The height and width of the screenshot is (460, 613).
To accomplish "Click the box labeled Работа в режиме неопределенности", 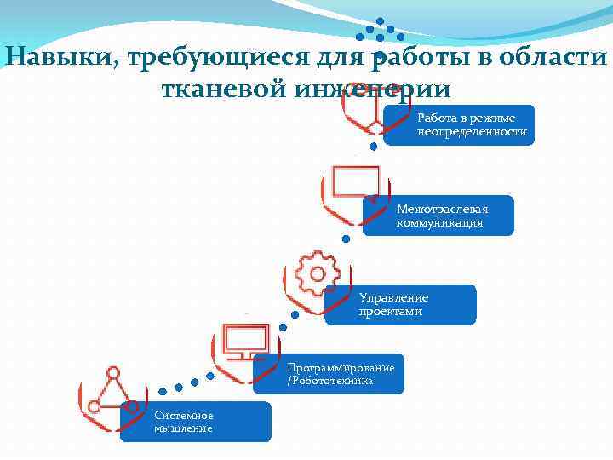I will coord(459,125).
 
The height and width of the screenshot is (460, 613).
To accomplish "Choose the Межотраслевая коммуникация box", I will coord(438,216).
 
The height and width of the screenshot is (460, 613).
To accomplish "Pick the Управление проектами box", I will coord(400,304).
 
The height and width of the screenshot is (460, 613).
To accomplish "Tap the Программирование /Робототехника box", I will coord(329,374).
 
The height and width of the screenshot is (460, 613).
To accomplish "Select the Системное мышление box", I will coord(196,422).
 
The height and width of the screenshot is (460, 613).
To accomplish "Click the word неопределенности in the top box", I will coord(472,132).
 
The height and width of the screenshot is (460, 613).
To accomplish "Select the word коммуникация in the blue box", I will coord(439,223).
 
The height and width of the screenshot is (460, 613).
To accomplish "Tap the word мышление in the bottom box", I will coord(183,428).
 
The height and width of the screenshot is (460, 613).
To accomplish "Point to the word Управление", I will coord(393,298).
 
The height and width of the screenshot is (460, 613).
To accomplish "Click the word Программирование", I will coord(341,367).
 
